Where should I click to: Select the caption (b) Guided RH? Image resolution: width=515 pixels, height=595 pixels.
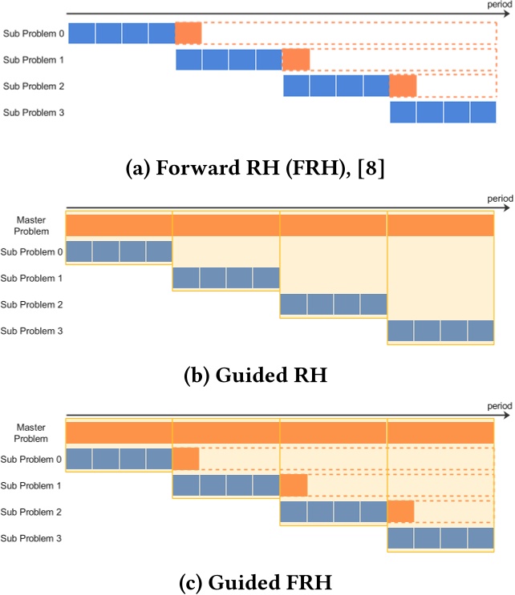pyautogui.click(x=255, y=375)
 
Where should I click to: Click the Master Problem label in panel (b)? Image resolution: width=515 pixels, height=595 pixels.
pyautogui.click(x=31, y=225)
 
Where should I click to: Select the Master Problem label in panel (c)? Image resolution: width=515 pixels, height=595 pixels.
pyautogui.click(x=31, y=432)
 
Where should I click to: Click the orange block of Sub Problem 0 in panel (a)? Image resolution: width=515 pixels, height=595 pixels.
pyautogui.click(x=189, y=34)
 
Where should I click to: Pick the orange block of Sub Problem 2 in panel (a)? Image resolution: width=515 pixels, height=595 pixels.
pyautogui.click(x=403, y=86)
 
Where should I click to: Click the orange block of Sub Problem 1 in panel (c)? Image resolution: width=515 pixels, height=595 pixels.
pyautogui.click(x=294, y=485)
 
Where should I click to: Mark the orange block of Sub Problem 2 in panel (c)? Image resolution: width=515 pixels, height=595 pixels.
pyautogui.click(x=401, y=512)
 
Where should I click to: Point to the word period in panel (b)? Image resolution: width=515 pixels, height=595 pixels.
pyautogui.click(x=498, y=198)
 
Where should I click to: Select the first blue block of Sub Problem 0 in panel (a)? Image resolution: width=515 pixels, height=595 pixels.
pyautogui.click(x=82, y=34)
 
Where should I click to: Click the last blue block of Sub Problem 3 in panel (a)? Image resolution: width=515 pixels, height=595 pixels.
pyautogui.click(x=484, y=113)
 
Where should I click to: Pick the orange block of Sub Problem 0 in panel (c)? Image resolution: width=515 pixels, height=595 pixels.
pyautogui.click(x=186, y=459)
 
